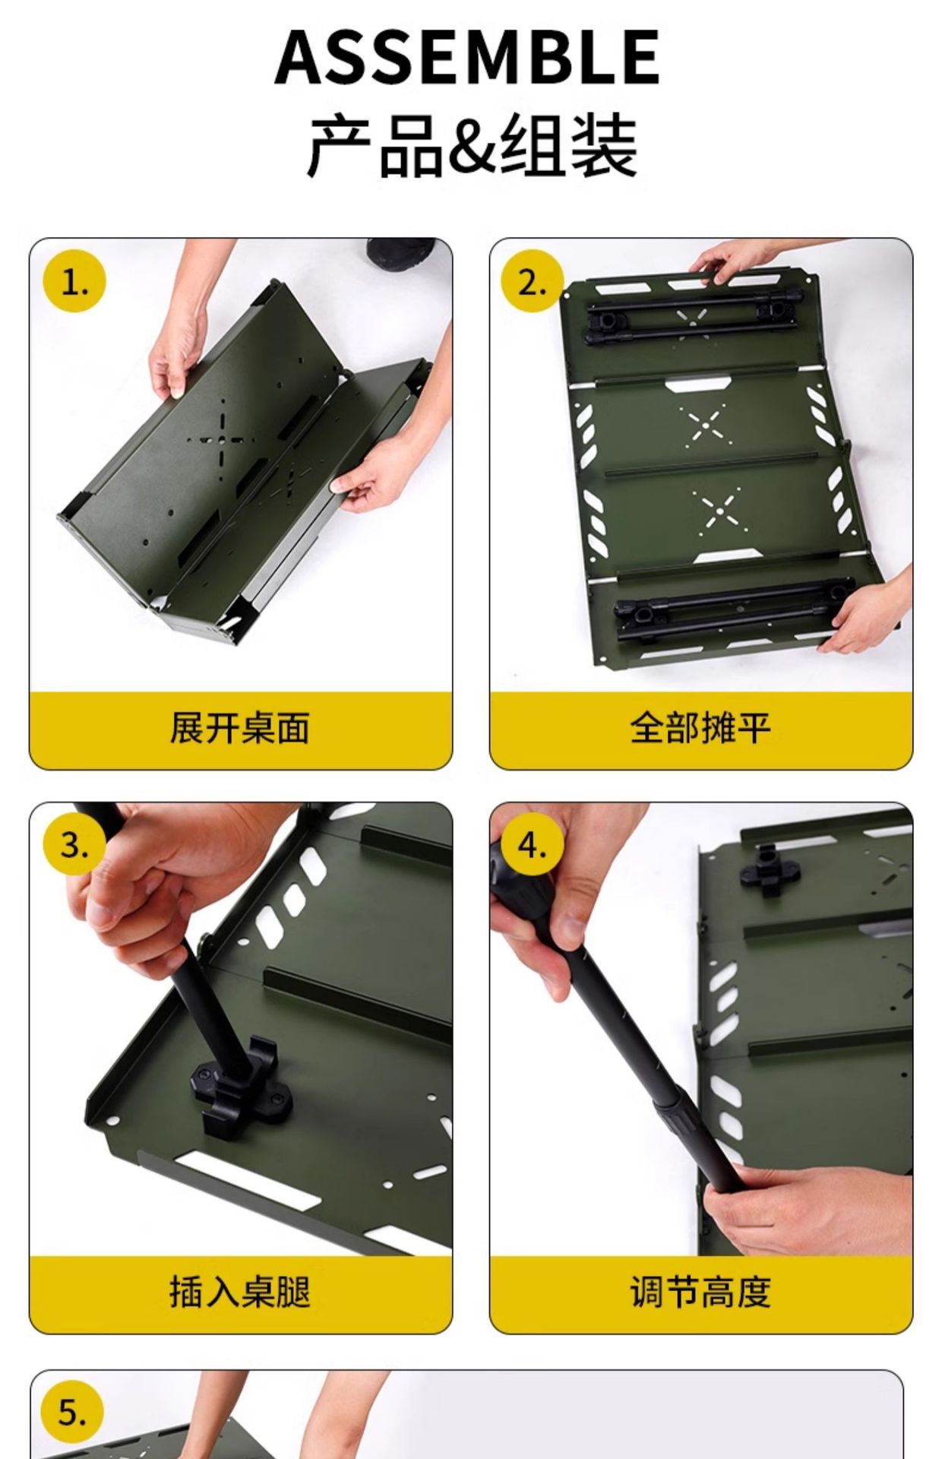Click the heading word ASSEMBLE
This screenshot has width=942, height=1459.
pyautogui.click(x=466, y=56)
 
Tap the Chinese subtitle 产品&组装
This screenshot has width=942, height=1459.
pyautogui.click(x=471, y=144)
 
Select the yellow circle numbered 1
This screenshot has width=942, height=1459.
pyautogui.click(x=74, y=282)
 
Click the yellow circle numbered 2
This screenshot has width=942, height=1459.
pyautogui.click(x=533, y=282)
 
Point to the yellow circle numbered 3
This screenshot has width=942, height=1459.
pyautogui.click(x=74, y=845)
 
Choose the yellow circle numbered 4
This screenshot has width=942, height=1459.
pyautogui.click(x=533, y=845)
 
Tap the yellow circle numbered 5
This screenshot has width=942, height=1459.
pyautogui.click(x=73, y=1413)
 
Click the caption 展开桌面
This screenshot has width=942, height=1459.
pyautogui.click(x=240, y=728)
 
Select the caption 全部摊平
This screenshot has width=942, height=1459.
pyautogui.click(x=700, y=728)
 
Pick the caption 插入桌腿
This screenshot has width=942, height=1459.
pyautogui.click(x=240, y=1291)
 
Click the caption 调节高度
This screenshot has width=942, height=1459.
pyautogui.click(x=700, y=1291)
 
